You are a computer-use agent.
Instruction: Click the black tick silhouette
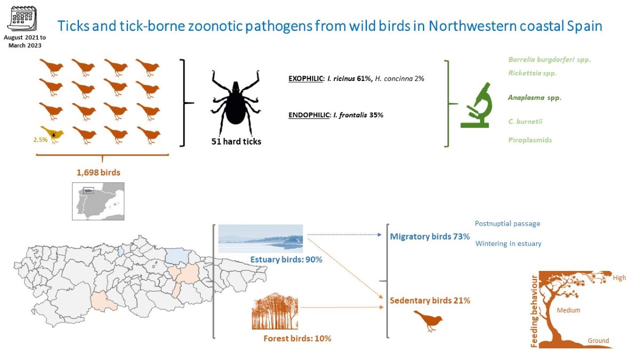click(x=235, y=102)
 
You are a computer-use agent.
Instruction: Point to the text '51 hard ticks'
click(x=236, y=142)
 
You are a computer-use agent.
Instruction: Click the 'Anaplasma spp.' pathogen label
click(x=534, y=98)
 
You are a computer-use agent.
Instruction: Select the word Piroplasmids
click(x=530, y=140)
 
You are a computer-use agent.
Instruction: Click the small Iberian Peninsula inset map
click(x=98, y=201)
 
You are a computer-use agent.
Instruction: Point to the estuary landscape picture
click(x=261, y=238)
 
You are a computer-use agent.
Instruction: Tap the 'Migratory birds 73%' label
click(x=430, y=236)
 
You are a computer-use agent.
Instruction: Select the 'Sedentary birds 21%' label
click(x=430, y=301)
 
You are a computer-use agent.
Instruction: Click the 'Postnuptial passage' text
click(x=507, y=223)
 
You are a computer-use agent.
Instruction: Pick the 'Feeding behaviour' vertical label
click(x=534, y=310)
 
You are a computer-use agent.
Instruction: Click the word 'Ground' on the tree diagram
click(x=598, y=340)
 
